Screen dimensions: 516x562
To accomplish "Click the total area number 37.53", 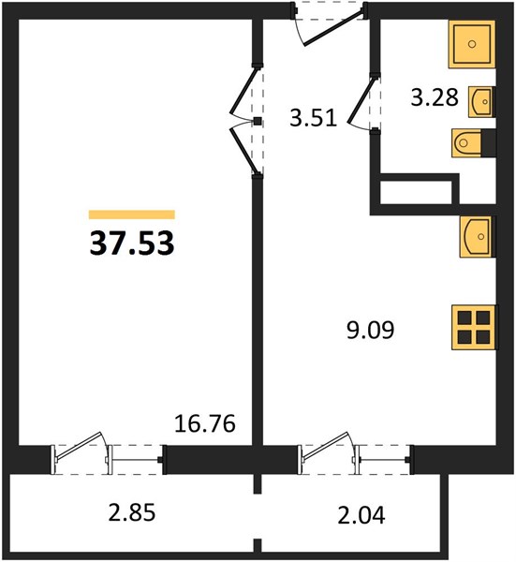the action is pos(132,243).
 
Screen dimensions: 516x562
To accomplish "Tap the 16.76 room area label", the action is pos(205,423).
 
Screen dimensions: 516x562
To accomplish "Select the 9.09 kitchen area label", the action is pos(371,330).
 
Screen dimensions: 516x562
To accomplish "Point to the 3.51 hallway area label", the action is pos(314,118).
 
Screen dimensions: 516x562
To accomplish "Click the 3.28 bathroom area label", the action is pos(435,97).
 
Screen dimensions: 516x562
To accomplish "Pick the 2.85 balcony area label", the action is pos(132,512).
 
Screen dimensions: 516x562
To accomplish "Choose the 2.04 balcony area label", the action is pos(361,515).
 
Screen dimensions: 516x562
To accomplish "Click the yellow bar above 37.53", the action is pos(132,214).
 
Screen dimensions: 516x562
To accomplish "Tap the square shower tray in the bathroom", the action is pos(472,44).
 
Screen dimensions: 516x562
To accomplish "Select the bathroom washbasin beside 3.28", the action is pos(481,102).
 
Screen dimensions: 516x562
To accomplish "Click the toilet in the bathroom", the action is pos(473,143).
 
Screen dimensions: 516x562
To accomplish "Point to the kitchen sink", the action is pos(478,237).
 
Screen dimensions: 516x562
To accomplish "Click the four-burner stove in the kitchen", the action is pos(475,327).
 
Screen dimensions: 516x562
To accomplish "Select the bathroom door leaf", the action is pos(362,99).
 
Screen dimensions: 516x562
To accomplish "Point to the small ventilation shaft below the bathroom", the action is pos(415,192).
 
